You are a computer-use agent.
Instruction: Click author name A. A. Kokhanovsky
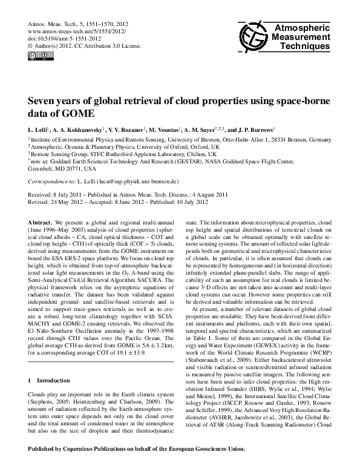75,130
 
